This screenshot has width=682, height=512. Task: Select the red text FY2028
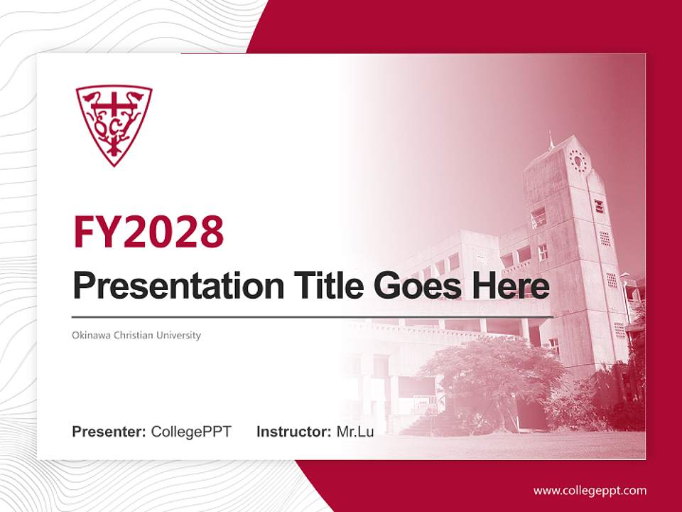pos(148,231)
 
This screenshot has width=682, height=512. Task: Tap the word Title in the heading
pos(320,286)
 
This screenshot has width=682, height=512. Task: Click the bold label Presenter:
pos(109,432)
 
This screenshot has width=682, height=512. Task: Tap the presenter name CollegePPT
pos(191,432)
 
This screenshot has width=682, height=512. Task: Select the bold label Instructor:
pos(293,432)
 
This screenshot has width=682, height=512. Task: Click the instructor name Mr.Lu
pos(355,432)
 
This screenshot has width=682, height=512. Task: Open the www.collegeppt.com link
pos(590,491)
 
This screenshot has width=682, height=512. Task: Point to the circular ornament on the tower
pos(578,161)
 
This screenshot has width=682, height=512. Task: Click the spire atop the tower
pos(551,140)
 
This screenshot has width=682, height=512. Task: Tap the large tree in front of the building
pos(490,370)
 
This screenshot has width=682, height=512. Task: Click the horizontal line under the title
pos(313,316)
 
